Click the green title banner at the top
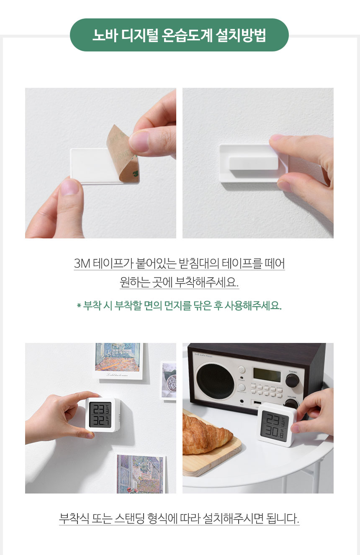click(179, 35)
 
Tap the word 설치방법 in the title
click(241, 36)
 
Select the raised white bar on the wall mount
click(253, 163)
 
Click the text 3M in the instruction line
click(82, 263)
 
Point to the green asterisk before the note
click(79, 306)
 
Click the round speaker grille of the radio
click(215, 381)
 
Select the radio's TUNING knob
click(292, 380)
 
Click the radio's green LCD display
click(267, 375)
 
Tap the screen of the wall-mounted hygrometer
click(100, 415)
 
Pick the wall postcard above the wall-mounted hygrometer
click(119, 361)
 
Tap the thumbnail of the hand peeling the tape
click(100, 163)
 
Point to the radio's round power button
click(241, 370)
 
